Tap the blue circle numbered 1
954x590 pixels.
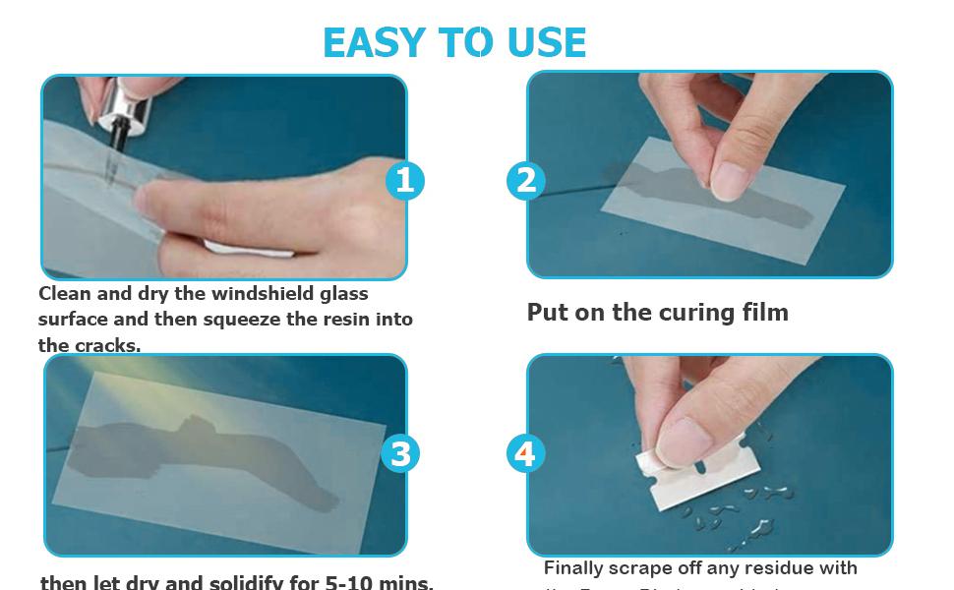[x=404, y=180]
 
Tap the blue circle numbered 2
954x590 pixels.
[x=526, y=180]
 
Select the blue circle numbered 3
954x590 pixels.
[x=400, y=453]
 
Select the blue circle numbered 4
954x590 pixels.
[x=525, y=453]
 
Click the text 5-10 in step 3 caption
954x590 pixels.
[x=355, y=582]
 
